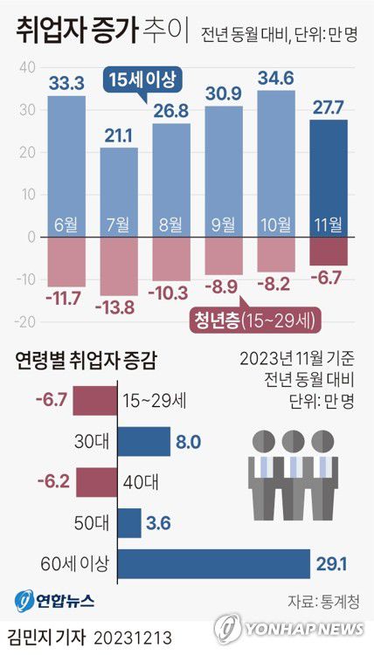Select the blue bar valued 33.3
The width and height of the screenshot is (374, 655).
click(x=66, y=166)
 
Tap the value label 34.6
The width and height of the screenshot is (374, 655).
click(x=275, y=78)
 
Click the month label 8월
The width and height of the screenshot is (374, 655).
click(x=171, y=223)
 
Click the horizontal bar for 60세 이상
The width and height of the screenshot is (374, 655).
click(x=213, y=564)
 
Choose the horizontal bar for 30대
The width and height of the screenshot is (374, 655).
click(x=144, y=441)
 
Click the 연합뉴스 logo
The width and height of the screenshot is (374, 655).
click(x=54, y=601)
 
